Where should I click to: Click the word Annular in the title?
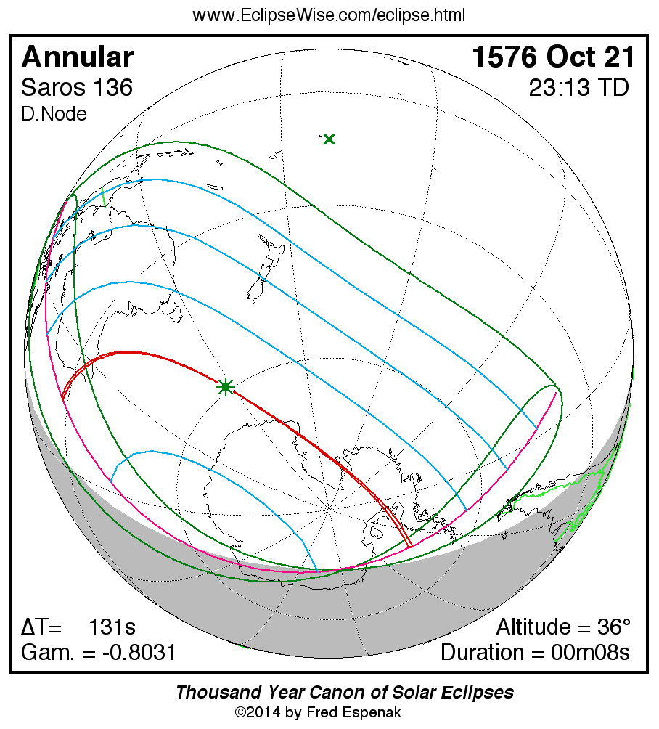click(78, 57)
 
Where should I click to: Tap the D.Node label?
click(54, 114)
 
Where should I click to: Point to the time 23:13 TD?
click(579, 88)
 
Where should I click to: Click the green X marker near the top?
click(329, 139)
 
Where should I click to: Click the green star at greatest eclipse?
click(226, 387)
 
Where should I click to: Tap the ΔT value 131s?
click(112, 627)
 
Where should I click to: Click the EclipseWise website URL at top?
click(329, 15)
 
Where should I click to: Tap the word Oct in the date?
click(575, 57)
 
